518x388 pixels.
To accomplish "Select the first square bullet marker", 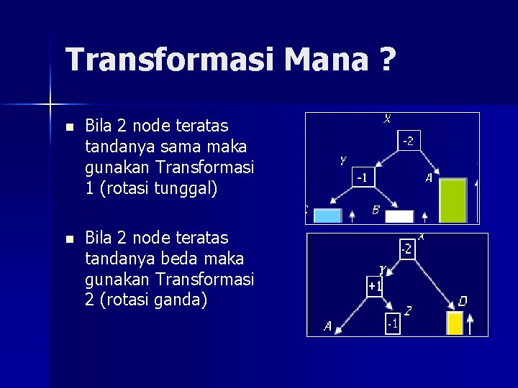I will click(68, 127).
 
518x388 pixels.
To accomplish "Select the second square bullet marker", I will click(68, 239).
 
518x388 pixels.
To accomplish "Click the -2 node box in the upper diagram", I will click(408, 141).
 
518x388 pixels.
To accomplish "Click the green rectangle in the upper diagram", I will click(453, 200).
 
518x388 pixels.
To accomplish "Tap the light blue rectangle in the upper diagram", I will click(327, 216).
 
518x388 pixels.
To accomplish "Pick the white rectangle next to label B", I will click(399, 216).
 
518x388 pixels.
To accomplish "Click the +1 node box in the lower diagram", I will click(375, 286).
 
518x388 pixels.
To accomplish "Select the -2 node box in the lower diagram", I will click(406, 249).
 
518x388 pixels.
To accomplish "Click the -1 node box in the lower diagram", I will click(392, 324).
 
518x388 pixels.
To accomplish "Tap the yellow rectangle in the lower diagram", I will click(455, 323).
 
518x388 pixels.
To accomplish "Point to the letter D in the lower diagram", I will click(462, 301).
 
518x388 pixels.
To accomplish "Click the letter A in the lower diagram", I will click(327, 326).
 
